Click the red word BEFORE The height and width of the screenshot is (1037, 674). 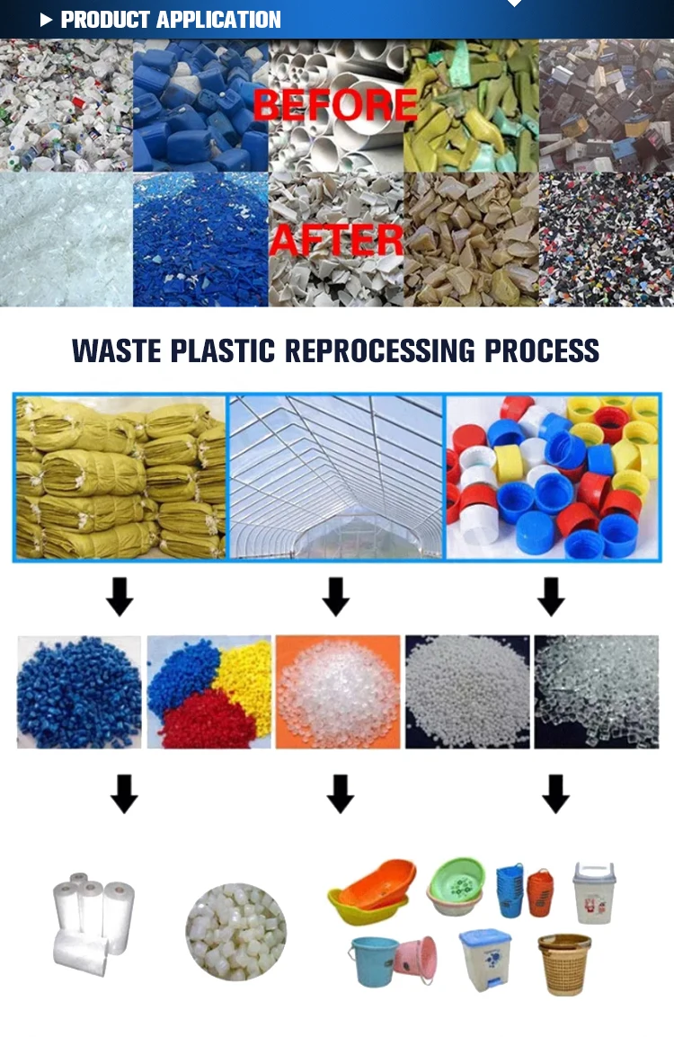pyautogui.click(x=334, y=104)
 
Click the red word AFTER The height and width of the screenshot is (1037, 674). pyautogui.click(x=336, y=241)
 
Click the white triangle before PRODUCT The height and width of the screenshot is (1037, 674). pyautogui.click(x=47, y=20)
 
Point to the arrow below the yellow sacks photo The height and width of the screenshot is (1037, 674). pyautogui.click(x=120, y=597)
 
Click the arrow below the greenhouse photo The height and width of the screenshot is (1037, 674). pyautogui.click(x=335, y=597)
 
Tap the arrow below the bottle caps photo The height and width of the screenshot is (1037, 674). pyautogui.click(x=551, y=597)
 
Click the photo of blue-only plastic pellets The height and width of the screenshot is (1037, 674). pyautogui.click(x=79, y=692)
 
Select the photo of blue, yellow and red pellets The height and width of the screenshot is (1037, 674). pyautogui.click(x=209, y=692)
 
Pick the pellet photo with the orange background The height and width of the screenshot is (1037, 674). pyautogui.click(x=338, y=692)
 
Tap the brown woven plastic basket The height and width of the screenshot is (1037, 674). pyautogui.click(x=564, y=963)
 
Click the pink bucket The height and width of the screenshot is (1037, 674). pyautogui.click(x=416, y=960)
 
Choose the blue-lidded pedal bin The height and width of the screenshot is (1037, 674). pyautogui.click(x=485, y=960)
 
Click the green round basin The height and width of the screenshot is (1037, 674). pyautogui.click(x=456, y=885)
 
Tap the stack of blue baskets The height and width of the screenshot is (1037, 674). pyautogui.click(x=510, y=890)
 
